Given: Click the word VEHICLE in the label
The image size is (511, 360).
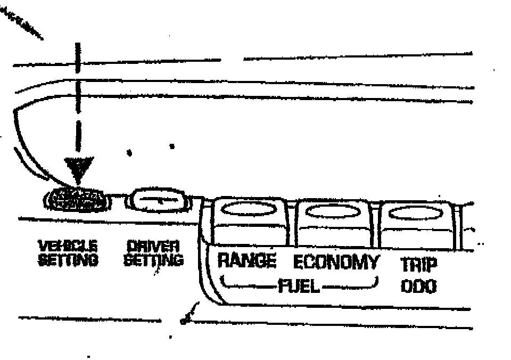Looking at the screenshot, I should pyautogui.click(x=68, y=246).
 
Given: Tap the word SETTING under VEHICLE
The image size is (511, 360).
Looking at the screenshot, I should pyautogui.click(x=68, y=260).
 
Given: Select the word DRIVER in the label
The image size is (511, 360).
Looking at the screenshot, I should pyautogui.click(x=153, y=246).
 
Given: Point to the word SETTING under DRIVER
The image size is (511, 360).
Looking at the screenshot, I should pyautogui.click(x=153, y=260).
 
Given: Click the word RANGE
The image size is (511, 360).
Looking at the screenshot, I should pyautogui.click(x=247, y=261).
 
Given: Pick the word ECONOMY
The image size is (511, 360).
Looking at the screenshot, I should pyautogui.click(x=336, y=262).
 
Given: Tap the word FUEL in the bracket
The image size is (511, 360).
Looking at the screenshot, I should pyautogui.click(x=299, y=287).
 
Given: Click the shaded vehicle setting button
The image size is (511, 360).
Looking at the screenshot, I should pyautogui.click(x=78, y=200).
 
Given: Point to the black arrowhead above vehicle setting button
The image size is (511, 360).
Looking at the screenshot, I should pyautogui.click(x=78, y=168).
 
